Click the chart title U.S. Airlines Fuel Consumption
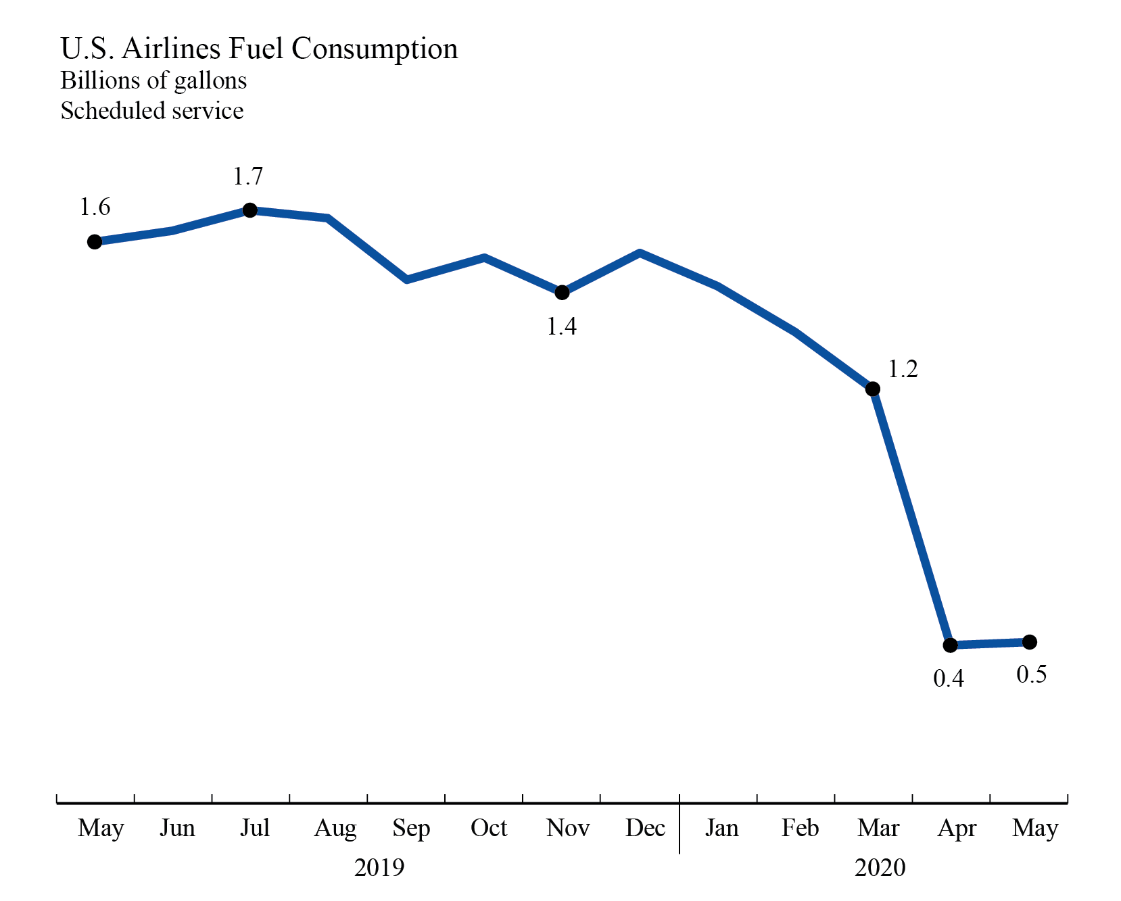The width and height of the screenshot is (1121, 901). click(259, 49)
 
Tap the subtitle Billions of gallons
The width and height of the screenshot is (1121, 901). click(153, 80)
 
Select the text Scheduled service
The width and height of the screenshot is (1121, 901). click(151, 111)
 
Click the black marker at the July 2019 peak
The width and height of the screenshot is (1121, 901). click(249, 210)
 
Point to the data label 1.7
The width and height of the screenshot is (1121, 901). click(247, 177)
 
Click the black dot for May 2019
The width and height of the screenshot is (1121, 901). click(95, 242)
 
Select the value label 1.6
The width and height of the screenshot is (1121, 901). click(95, 208)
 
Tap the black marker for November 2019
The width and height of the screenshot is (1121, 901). click(562, 293)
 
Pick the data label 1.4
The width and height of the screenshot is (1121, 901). click(561, 327)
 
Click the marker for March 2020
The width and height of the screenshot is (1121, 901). click(873, 389)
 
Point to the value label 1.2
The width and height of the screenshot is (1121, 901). click(903, 370)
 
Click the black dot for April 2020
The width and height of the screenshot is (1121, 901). click(950, 645)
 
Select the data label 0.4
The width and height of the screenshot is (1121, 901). click(949, 679)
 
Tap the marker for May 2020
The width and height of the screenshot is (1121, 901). click(1029, 641)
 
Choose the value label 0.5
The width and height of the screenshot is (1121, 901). click(1032, 675)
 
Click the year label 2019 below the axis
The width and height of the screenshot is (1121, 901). click(379, 868)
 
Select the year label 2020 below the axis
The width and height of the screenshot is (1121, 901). click(880, 868)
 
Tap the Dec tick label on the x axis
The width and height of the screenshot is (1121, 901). click(645, 828)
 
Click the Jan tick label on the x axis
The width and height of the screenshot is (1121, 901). click(721, 828)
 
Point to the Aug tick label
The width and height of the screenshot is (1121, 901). click(335, 828)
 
